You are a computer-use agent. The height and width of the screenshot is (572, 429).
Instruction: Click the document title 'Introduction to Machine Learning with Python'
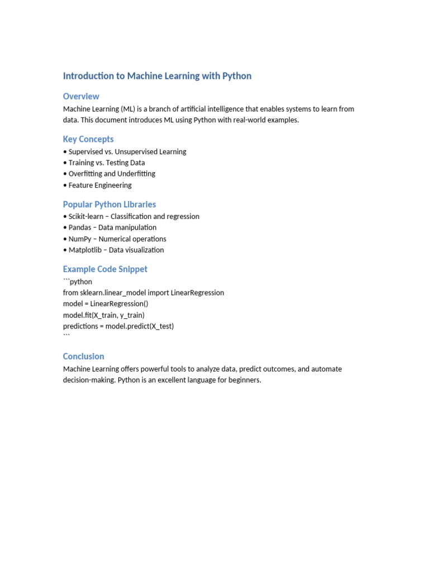[157, 76]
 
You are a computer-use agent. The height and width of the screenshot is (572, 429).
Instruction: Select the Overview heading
[81, 96]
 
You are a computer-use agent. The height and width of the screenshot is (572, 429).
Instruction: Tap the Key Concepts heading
[88, 139]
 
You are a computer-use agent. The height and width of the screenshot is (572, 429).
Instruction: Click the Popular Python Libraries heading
[109, 204]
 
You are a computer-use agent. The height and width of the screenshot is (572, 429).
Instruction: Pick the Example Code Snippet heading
[105, 269]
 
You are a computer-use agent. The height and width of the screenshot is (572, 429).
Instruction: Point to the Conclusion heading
[83, 356]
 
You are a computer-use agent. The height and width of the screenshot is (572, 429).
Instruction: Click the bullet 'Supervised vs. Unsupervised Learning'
[127, 151]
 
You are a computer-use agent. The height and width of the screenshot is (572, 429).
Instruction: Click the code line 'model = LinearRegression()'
[106, 304]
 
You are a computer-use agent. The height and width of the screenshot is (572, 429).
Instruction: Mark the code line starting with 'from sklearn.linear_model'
[144, 293]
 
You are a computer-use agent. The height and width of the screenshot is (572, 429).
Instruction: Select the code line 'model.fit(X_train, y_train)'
[104, 315]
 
